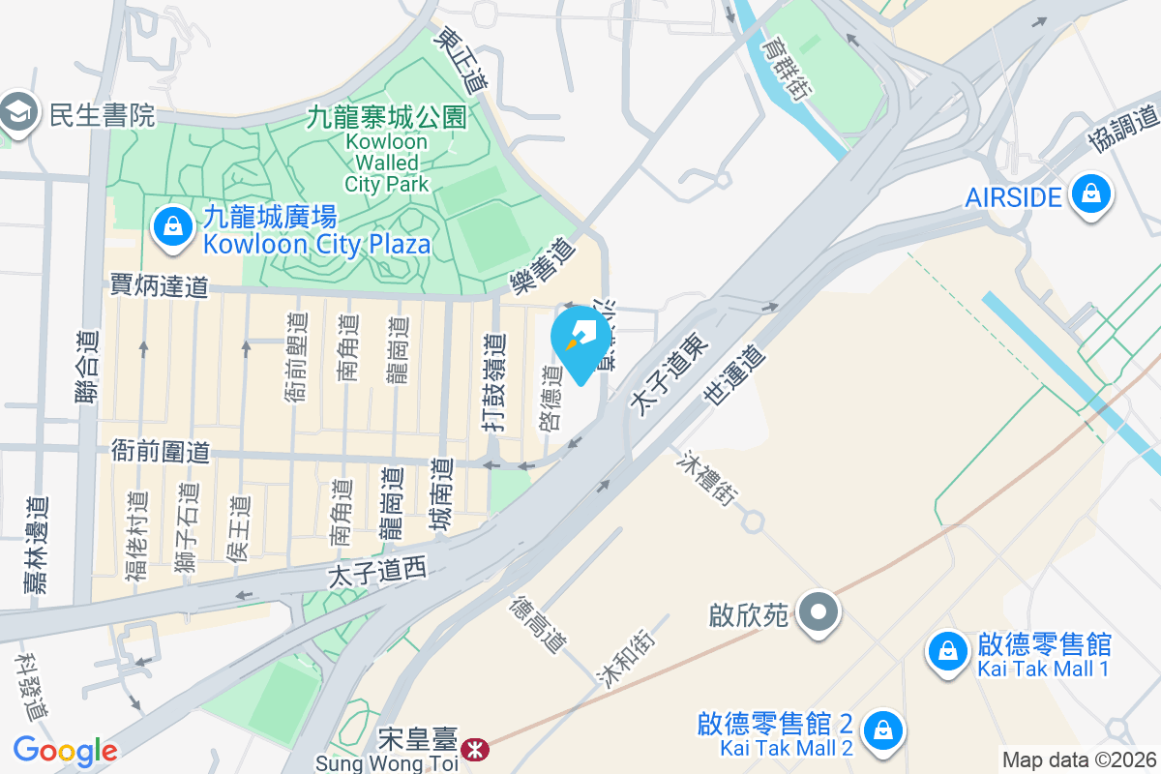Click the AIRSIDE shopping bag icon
[x=1091, y=196]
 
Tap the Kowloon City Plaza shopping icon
[x=171, y=229]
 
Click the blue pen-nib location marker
[x=581, y=341]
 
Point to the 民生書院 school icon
[x=17, y=114]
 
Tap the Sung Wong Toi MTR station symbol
[x=474, y=750]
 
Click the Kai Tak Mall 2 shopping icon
[x=882, y=730]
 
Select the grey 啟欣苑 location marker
[x=820, y=612]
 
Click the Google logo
[x=65, y=751]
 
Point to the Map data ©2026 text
[x=1080, y=759]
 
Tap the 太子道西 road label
[x=377, y=573]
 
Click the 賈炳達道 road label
[x=159, y=285]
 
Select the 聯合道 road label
[x=88, y=368]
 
